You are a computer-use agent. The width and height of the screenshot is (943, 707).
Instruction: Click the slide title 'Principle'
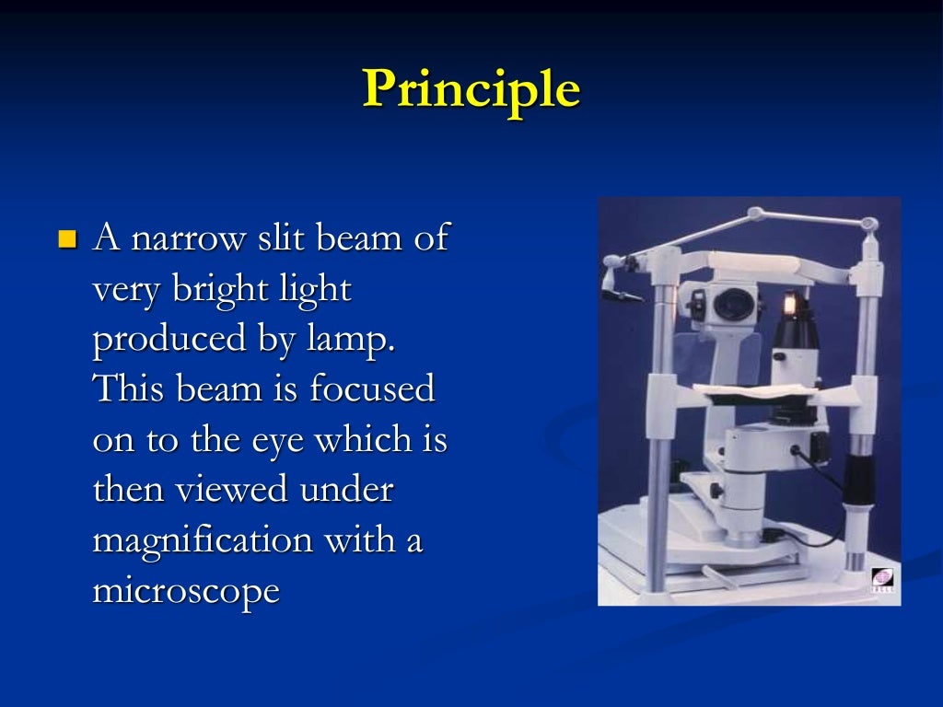click(471, 90)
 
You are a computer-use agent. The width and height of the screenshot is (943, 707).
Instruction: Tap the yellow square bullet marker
click(65, 241)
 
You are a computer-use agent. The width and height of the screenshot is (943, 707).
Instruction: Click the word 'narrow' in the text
click(190, 238)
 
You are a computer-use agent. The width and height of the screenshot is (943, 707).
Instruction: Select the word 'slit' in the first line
click(282, 238)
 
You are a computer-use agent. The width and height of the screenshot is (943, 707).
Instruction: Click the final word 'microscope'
click(185, 591)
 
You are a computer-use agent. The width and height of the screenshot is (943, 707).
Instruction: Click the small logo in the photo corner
click(881, 581)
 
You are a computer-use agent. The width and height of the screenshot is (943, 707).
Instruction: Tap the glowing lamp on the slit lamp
click(789, 303)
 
